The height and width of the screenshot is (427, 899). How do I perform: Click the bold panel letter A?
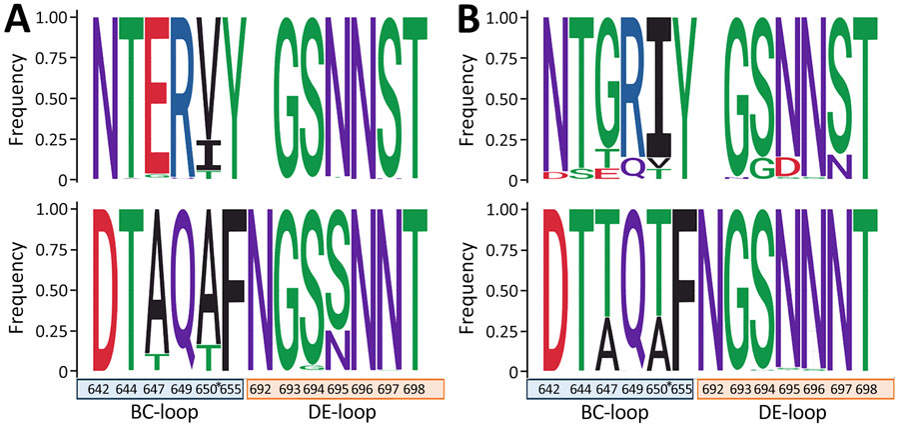click(20, 23)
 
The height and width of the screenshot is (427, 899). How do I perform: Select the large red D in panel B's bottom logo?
click(554, 290)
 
